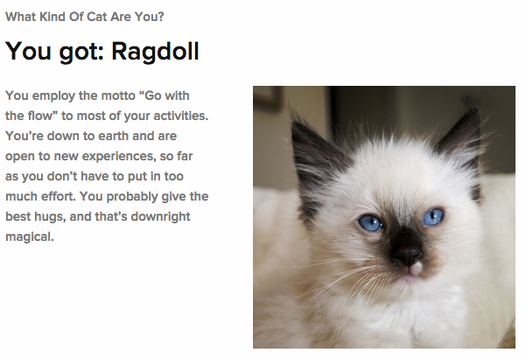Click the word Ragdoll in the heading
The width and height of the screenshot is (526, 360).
click(155, 52)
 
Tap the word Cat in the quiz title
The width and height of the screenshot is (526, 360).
click(96, 17)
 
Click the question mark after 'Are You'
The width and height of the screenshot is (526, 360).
click(161, 17)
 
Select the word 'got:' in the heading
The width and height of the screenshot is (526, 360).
click(81, 53)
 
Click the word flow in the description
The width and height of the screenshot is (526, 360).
click(40, 116)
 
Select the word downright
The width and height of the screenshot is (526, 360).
click(160, 217)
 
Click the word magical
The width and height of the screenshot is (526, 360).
click(30, 237)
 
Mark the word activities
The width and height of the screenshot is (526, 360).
click(181, 116)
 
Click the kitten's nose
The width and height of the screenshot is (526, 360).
click(407, 257)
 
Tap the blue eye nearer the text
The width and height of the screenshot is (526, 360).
click(371, 223)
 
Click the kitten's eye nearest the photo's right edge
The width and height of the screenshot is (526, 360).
click(433, 216)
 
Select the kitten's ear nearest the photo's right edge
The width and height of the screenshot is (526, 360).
click(462, 141)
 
